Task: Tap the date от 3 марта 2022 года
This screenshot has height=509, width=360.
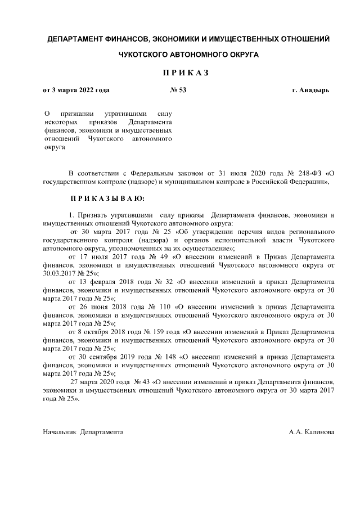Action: pyautogui.click(x=76, y=90)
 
